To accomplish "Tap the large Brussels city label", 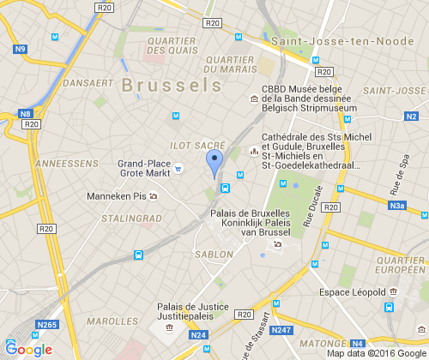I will point(172,85).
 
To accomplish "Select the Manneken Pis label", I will point(117,196).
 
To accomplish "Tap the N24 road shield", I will point(198,334).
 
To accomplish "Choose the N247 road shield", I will point(281,330).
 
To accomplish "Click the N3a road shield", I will point(396,206).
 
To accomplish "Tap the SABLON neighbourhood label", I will point(214,255).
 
